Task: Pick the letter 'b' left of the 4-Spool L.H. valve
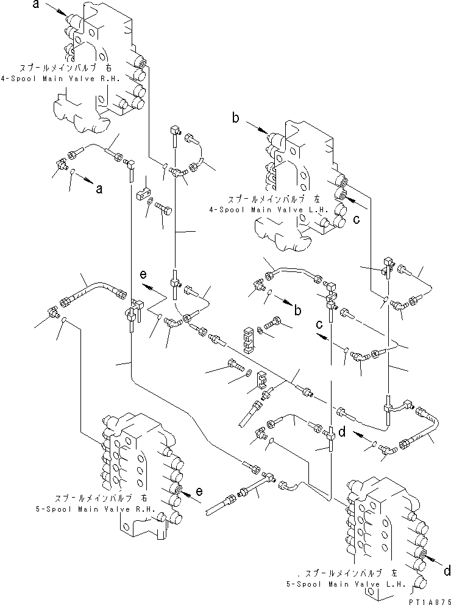coord(235,118)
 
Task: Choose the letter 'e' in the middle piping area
coord(143,275)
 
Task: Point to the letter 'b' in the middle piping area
coord(297,310)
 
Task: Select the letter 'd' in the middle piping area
coord(342,432)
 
